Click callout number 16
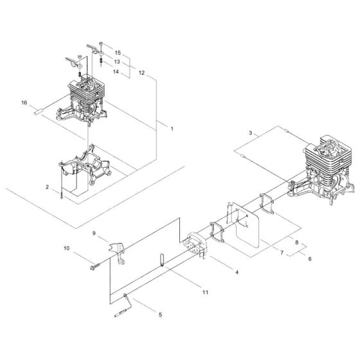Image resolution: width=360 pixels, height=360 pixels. [24, 102]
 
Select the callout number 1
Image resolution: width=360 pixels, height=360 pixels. [172, 130]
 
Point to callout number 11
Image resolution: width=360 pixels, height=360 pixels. [205, 292]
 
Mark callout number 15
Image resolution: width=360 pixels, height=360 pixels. [117, 51]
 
